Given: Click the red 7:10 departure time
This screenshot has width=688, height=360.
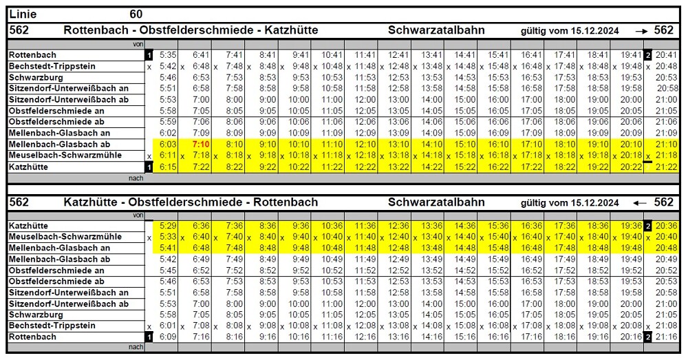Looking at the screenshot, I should click(202, 145).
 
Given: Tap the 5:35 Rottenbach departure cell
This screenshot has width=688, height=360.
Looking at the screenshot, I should click(168, 55).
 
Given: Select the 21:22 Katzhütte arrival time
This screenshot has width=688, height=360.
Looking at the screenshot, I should click(665, 167).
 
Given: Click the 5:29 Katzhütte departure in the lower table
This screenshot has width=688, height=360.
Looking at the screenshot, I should click(168, 226).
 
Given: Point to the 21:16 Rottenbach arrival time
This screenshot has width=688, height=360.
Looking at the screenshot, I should click(665, 337).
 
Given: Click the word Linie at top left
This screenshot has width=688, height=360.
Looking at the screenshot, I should click(23, 14).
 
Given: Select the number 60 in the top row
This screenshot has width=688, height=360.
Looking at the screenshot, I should click(136, 14).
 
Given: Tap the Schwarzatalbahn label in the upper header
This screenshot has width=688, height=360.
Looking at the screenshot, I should click(436, 30).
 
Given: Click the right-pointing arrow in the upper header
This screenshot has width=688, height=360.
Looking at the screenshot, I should click(641, 30).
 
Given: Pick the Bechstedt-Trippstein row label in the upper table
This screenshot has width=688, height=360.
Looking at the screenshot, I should click(52, 66).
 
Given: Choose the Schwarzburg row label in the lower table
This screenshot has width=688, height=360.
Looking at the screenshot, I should click(36, 315).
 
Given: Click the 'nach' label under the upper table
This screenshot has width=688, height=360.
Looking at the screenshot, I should click(136, 178).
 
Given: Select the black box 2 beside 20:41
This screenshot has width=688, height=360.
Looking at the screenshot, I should click(647, 55).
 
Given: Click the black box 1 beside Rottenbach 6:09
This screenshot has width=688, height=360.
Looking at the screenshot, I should click(149, 337).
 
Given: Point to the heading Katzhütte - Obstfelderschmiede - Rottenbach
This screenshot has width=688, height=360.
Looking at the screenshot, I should click(191, 202).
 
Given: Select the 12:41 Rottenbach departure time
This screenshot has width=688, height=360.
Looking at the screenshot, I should click(398, 55).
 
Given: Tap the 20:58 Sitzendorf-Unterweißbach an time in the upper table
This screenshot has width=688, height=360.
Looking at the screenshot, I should click(667, 89).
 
